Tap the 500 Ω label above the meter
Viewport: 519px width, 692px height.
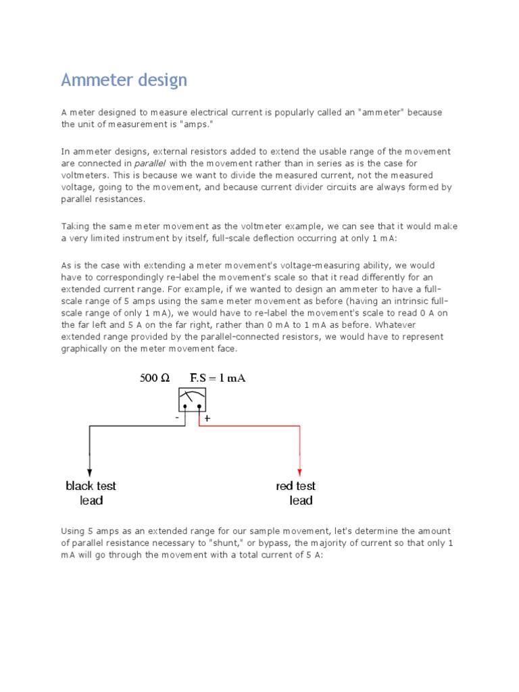[155, 378]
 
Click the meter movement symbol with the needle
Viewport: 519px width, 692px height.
[192, 399]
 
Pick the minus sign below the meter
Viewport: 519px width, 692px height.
[178, 418]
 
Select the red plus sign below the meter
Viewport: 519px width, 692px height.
[207, 419]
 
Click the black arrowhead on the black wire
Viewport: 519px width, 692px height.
[90, 472]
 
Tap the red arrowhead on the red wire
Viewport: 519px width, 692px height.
[300, 472]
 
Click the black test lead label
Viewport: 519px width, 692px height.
[91, 493]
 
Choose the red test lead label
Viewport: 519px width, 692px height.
[296, 493]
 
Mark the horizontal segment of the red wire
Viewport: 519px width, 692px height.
[249, 426]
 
